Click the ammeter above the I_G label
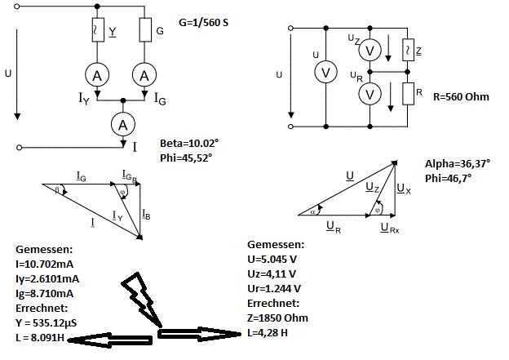pos(145,75)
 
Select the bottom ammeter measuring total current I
pos(122,123)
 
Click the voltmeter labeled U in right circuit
pos(325,73)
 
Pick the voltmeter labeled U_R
pos(370,94)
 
